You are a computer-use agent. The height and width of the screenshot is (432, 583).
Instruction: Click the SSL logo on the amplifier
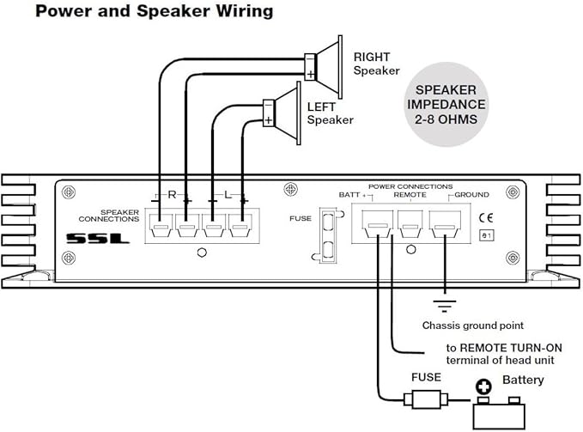coord(98,238)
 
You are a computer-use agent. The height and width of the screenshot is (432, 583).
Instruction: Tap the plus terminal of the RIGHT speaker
coord(310,75)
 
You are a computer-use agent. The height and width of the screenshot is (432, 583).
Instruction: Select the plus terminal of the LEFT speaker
coord(269,120)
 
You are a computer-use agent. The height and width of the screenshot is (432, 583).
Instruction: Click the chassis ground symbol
coord(445,306)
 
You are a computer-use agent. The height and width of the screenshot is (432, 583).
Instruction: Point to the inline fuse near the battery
coord(426,400)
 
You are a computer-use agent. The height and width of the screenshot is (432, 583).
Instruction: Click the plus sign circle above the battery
coord(483,386)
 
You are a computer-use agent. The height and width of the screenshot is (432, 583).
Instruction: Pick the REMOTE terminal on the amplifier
coord(410,224)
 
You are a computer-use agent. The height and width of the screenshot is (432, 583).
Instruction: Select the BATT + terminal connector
coord(378,224)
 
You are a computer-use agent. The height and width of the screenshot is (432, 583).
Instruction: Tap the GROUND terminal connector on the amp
coord(445,224)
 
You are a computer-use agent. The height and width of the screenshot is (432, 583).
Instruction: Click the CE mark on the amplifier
coord(486,217)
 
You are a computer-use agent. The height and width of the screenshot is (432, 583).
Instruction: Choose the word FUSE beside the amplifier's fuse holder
coord(301,218)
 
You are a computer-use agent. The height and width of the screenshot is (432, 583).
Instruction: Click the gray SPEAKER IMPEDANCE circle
coord(446,105)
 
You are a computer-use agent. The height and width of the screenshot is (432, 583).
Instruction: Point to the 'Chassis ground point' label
coord(472,326)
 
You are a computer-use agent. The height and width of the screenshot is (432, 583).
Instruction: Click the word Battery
coord(523,380)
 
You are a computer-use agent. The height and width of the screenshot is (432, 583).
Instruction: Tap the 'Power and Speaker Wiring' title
coord(155,11)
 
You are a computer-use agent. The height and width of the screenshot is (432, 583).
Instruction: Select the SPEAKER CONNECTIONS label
coord(109,216)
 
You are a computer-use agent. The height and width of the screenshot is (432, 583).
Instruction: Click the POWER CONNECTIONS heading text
coord(410,186)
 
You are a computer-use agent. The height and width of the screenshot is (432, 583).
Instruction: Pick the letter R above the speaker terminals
coord(172,194)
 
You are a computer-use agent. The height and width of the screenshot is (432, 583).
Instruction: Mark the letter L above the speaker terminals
coord(228,194)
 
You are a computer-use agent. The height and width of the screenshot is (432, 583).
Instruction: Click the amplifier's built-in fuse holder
coord(328,235)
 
